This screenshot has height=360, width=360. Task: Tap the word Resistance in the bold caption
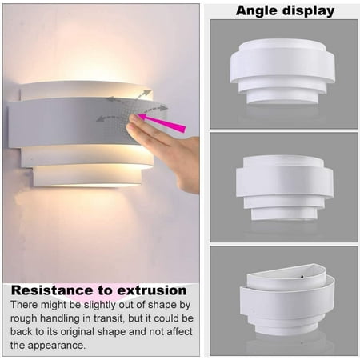[x=53, y=290]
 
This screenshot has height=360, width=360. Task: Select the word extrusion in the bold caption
[x=152, y=290]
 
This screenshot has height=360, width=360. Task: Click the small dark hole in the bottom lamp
[x=302, y=277]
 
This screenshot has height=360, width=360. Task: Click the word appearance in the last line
[x=57, y=346]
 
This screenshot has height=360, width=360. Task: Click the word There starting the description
[x=24, y=304]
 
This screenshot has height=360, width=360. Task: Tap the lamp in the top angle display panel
[x=282, y=71]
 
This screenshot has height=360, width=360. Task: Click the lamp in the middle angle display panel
[x=285, y=188]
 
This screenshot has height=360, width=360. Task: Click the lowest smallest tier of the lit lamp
[x=87, y=177]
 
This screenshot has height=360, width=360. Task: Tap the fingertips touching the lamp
[x=134, y=122]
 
